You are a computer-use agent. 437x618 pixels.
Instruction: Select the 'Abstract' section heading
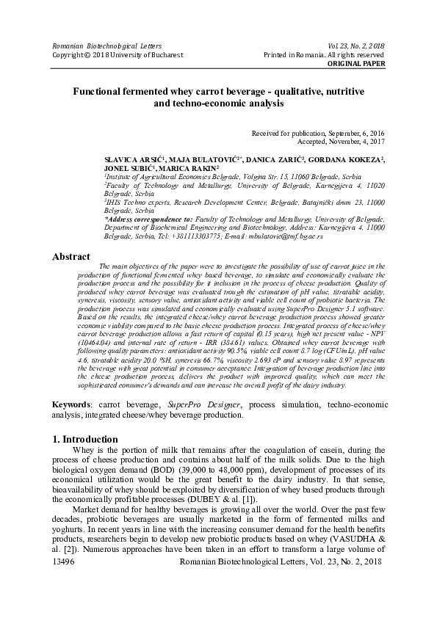(x=72, y=257)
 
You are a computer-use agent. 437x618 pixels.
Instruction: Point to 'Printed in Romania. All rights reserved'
(x=324, y=55)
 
